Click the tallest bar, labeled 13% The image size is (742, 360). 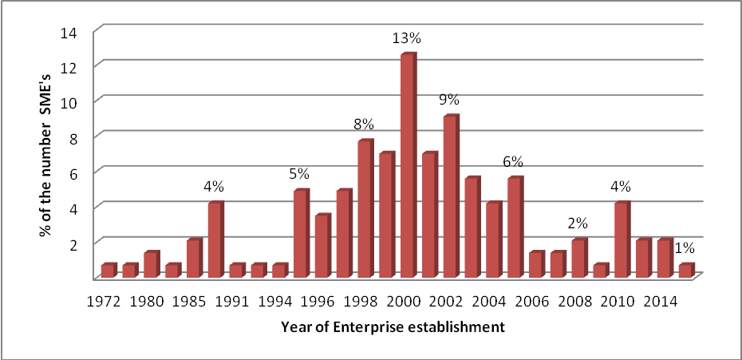[x=407, y=166]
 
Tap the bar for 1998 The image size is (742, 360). [x=365, y=209]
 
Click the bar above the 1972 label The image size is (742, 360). [x=108, y=271]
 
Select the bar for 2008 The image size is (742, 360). [x=578, y=259]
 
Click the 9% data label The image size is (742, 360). [x=449, y=100]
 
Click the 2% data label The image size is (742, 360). [x=578, y=224]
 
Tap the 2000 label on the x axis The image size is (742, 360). [x=406, y=303]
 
